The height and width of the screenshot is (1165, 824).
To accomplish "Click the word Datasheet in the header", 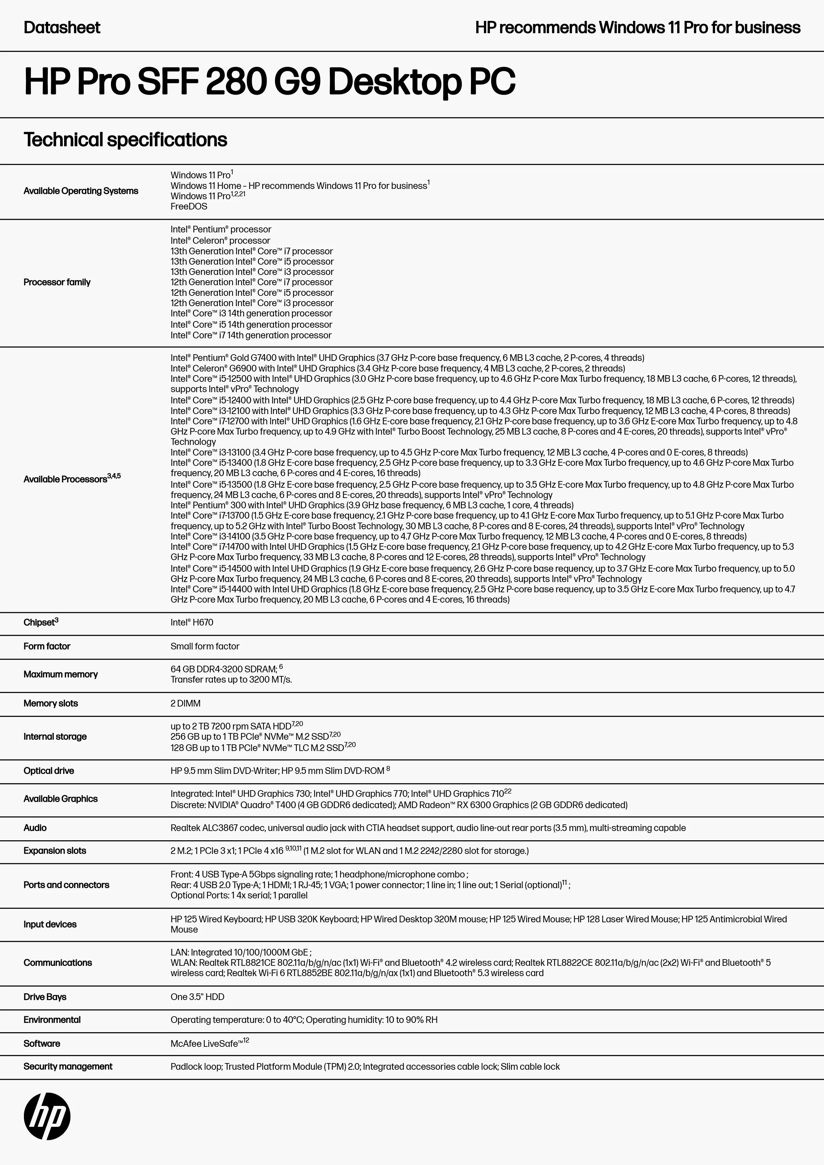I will tap(62, 28).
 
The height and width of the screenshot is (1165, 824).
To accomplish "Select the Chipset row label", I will tap(41, 622).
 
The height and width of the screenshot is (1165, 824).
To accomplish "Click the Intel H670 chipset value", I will tap(192, 622).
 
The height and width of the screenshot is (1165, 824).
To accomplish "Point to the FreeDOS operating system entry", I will tap(189, 207).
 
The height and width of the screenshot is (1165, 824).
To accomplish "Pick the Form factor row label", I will tap(47, 646).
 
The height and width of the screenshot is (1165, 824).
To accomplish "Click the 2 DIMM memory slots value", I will tap(185, 703).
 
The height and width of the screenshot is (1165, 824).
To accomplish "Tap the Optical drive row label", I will tap(49, 771).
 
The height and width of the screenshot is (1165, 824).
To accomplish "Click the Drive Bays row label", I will tap(45, 997).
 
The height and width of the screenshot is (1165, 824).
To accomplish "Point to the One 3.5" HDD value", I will tap(197, 997).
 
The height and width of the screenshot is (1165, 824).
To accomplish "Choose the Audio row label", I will tap(35, 828).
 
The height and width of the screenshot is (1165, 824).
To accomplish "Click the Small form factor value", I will tap(205, 646).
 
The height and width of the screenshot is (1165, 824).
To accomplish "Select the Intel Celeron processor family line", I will tap(220, 240).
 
